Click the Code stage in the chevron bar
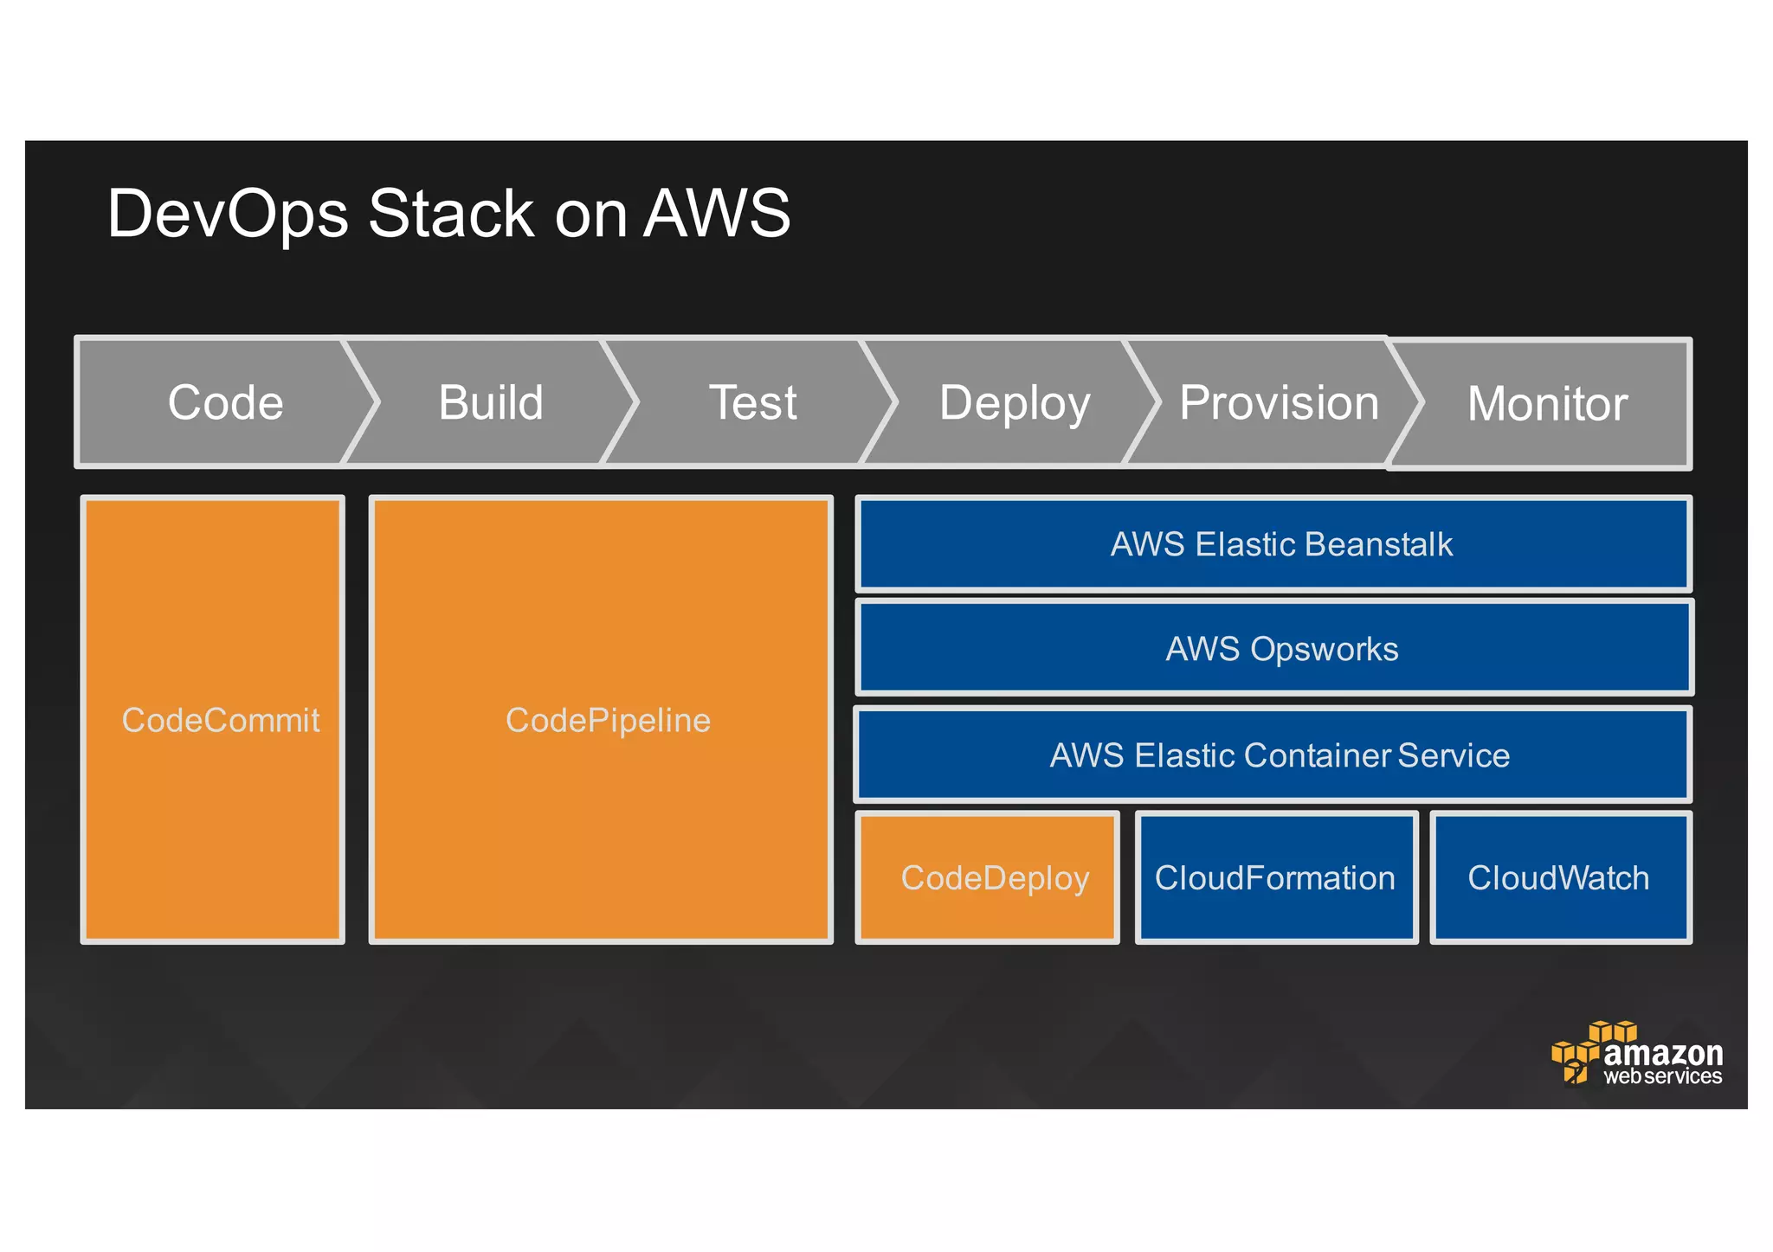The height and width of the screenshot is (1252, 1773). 225,403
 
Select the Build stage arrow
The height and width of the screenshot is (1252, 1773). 491,403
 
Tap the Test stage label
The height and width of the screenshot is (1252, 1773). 752,403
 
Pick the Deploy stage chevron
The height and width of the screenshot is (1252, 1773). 1014,403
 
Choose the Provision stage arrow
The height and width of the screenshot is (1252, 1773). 1279,403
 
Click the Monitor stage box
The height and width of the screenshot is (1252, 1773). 1547,404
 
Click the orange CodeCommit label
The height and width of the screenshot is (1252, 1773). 220,720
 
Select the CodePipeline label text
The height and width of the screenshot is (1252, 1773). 608,720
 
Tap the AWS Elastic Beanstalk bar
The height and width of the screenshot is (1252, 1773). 1280,544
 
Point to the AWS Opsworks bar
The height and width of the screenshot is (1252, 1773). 1280,649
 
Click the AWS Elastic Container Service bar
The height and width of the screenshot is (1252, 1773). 1279,755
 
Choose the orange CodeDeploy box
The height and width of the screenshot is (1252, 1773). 994,877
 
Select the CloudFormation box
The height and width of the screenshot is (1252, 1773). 1274,877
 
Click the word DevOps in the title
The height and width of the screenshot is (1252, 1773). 227,214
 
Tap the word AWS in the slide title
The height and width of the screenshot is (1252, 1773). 717,214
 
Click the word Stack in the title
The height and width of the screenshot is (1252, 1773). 451,214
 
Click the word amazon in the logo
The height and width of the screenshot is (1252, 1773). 1662,1053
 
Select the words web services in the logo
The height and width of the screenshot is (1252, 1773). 1662,1076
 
